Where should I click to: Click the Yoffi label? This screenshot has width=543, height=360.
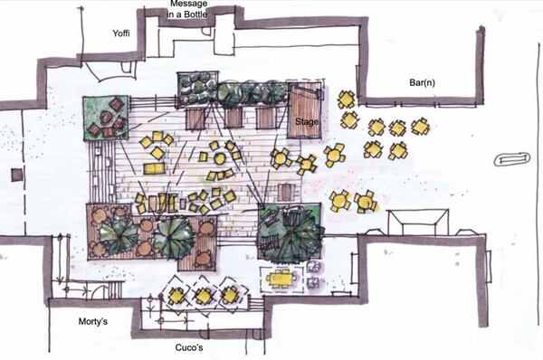point(121,33)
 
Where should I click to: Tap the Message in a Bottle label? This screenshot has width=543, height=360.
point(187,9)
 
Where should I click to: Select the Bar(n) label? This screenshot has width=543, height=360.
point(422,82)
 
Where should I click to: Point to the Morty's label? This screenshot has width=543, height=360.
point(93,322)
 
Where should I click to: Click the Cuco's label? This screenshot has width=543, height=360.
point(189,347)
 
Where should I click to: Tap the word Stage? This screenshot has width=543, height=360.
point(307,121)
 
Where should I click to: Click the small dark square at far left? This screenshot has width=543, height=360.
point(16,175)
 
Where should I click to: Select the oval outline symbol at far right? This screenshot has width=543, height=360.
point(512,159)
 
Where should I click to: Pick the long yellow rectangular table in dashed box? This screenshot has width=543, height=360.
point(279,278)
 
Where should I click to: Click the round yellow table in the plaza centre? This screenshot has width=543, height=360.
point(220,158)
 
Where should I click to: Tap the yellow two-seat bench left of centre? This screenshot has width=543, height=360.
point(155,168)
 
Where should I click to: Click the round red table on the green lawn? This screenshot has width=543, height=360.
point(105,117)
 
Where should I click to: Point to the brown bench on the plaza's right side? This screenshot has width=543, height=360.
point(286,192)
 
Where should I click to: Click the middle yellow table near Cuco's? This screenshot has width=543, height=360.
point(204,296)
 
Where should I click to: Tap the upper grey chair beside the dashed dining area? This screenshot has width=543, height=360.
point(313,266)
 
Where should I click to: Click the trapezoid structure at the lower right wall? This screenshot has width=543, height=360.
point(417,223)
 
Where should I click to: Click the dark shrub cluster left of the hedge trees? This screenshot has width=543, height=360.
point(197,89)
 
